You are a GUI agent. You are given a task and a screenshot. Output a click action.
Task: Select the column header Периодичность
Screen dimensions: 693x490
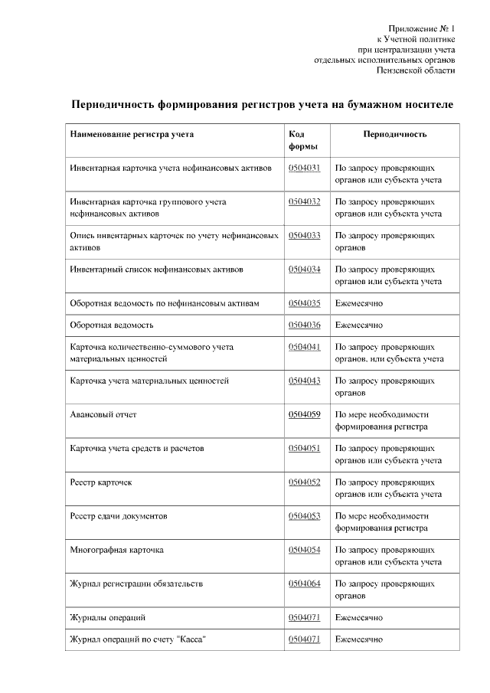click(394, 134)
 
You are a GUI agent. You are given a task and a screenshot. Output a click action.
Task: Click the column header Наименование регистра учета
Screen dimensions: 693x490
click(132, 134)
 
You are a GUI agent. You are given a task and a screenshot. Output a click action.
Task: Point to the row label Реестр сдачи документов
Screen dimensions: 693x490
click(118, 516)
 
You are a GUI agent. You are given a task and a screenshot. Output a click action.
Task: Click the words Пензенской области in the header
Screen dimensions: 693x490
click(417, 70)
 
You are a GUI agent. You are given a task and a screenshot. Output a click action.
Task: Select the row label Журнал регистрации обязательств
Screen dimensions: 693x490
click(136, 583)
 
